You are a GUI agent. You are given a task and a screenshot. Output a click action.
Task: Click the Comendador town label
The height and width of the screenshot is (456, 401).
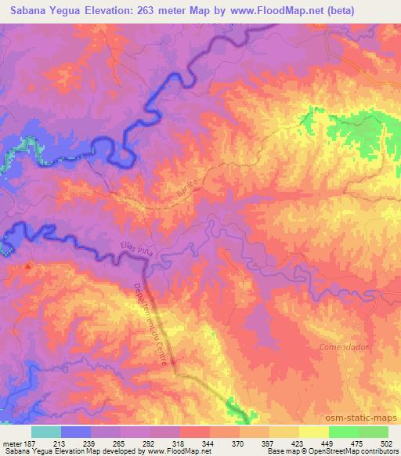(x=344, y=346)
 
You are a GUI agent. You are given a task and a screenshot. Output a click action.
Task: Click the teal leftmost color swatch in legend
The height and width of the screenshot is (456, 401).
(x=46, y=432)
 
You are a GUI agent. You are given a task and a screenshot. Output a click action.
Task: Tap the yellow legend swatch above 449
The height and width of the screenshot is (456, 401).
(x=314, y=432)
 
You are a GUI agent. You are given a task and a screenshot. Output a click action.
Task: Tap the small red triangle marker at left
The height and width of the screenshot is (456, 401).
(x=30, y=266)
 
